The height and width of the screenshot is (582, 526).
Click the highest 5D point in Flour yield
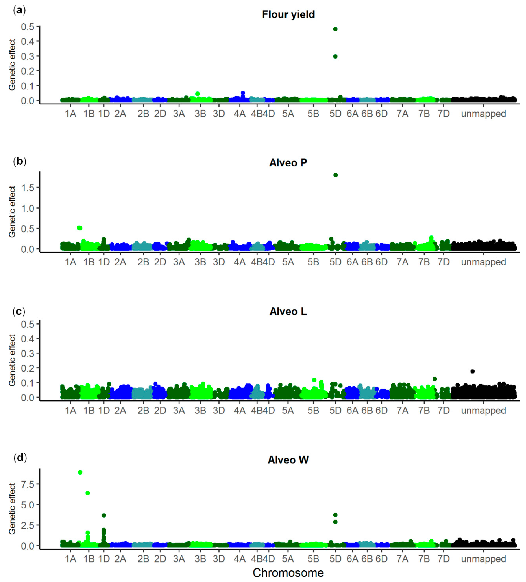(x=335, y=29)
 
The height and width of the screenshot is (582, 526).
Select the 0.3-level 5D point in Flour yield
(x=335, y=57)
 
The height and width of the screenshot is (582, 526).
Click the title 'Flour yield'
(x=288, y=14)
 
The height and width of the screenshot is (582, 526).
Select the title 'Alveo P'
(x=288, y=163)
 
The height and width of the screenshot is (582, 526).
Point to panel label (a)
(x=19, y=10)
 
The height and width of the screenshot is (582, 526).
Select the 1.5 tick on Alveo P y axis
(x=28, y=188)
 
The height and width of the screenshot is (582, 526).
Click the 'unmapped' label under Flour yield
(x=483, y=114)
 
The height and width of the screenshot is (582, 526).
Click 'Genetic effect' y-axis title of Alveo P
(x=12, y=212)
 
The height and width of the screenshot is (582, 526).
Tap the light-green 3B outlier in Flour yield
(x=198, y=94)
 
